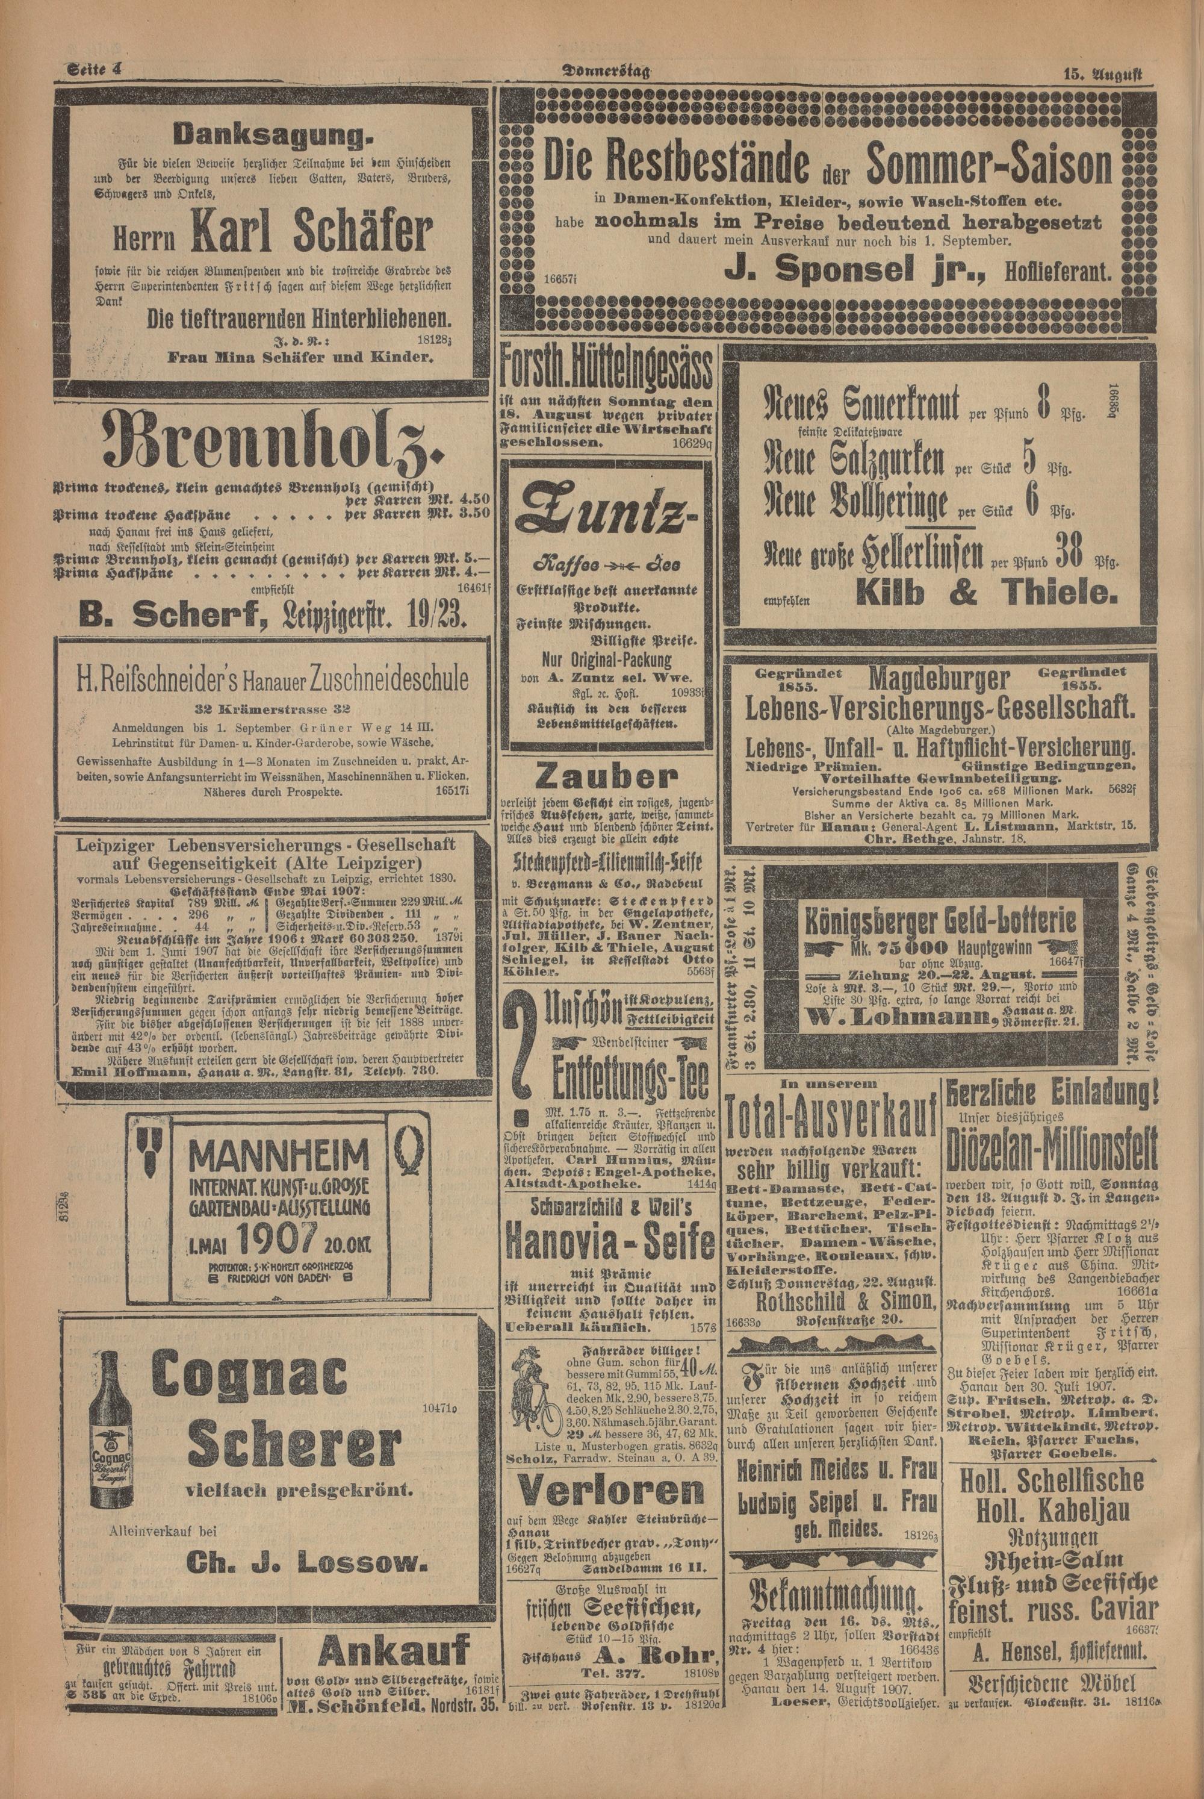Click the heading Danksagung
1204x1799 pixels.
(x=271, y=136)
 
